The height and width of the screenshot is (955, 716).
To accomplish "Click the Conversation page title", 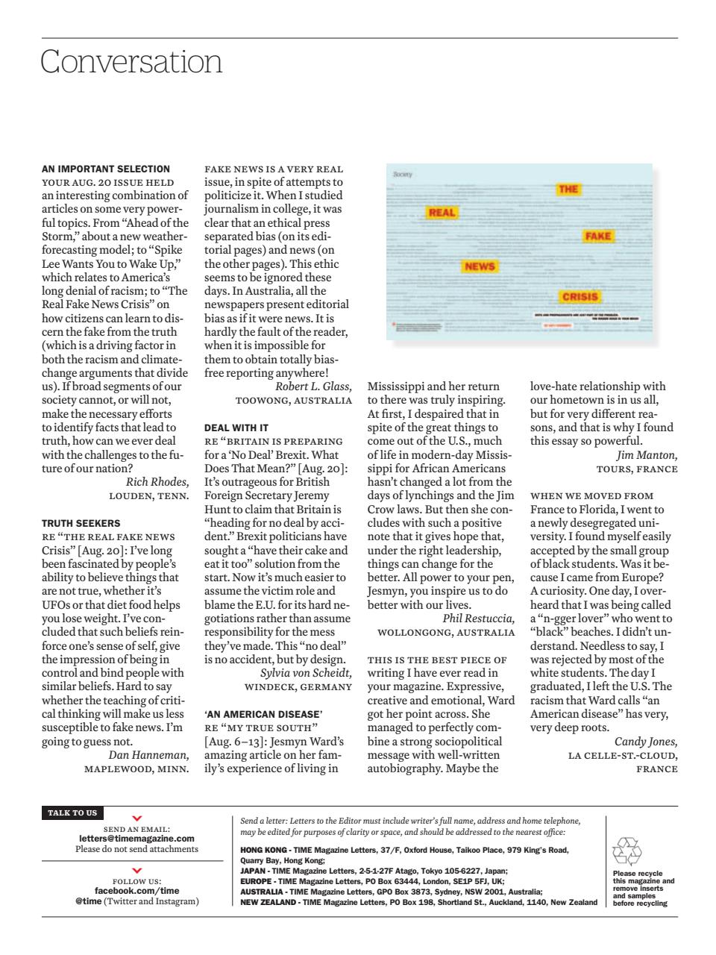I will coord(131,62).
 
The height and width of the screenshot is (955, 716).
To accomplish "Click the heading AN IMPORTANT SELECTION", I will coord(106,169).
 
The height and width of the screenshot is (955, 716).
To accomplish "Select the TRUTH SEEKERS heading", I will coord(81,523).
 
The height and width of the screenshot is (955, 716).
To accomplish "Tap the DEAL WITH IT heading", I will coord(236,428).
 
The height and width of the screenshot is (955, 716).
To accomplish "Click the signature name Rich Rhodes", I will coord(157,481).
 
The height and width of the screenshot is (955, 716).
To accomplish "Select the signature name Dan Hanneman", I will coord(148,754).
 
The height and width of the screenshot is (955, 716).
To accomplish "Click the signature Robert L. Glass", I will coord(313,386).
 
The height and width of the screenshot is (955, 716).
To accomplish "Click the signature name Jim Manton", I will coord(647,454).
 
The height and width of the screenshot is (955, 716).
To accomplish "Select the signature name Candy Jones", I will coord(645,741).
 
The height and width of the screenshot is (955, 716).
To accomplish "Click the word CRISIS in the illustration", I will coord(580,296).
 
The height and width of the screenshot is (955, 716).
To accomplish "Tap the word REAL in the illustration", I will coord(442,213).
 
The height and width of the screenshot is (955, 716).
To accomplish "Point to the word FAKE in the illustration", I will coord(597,236).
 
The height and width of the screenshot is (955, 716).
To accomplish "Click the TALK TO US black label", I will coord(72,812).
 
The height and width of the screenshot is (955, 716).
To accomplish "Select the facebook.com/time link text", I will coord(136,891).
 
